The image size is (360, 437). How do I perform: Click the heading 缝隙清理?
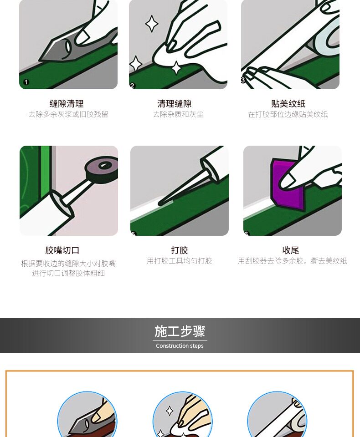pyautogui.click(x=67, y=104)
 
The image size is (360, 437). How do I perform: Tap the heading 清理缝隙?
pyautogui.click(x=175, y=104)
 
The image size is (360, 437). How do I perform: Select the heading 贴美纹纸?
pyautogui.click(x=288, y=104)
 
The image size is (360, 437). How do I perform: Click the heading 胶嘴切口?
pyautogui.click(x=62, y=250)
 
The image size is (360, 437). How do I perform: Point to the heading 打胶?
pyautogui.click(x=180, y=250)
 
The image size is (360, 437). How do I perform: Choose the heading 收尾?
pyautogui.click(x=291, y=250)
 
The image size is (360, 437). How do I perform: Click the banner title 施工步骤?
pyautogui.click(x=180, y=331)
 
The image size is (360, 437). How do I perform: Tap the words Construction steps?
pyautogui.click(x=180, y=346)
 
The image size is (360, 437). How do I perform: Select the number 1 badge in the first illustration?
pyautogui.click(x=26, y=82)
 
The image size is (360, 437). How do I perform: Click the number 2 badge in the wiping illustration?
pyautogui.click(x=133, y=85)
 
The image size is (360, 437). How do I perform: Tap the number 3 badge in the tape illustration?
pyautogui.click(x=243, y=80)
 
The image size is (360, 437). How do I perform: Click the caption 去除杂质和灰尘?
pyautogui.click(x=178, y=115)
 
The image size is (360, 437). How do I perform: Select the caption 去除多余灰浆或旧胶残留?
pyautogui.click(x=68, y=115)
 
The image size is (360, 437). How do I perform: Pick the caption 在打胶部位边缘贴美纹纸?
pyautogui.click(x=288, y=115)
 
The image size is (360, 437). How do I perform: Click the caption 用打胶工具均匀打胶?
pyautogui.click(x=180, y=261)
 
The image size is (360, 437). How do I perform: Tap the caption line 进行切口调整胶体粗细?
pyautogui.click(x=68, y=274)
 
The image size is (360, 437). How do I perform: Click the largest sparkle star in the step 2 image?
pyautogui.click(x=152, y=24)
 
